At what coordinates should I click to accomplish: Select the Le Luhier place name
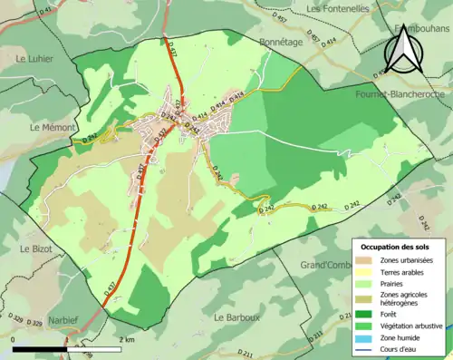click(x=35, y=58)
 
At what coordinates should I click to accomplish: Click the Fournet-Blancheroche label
click(x=399, y=93)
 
